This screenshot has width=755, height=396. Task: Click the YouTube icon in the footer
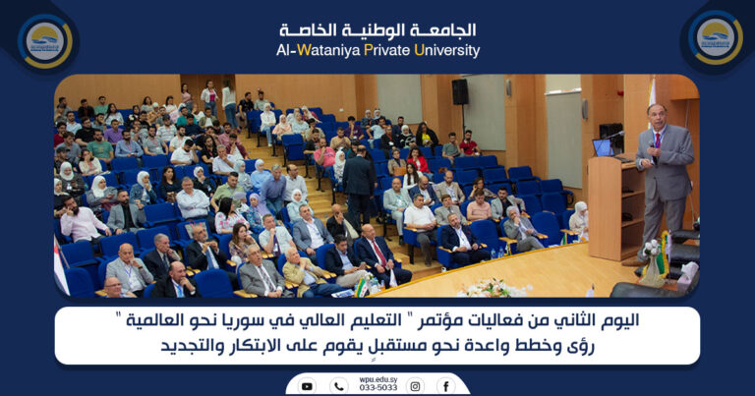(x=307, y=386)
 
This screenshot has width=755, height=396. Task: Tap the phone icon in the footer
(x=339, y=386)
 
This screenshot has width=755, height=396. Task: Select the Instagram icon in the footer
(x=415, y=386)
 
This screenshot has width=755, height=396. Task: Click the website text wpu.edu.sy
(x=377, y=378)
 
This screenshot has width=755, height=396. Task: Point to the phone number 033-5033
(x=377, y=388)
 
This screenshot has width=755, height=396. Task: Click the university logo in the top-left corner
(x=45, y=39)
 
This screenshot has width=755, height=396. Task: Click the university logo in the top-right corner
(x=715, y=38)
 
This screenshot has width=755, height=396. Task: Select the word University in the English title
(x=446, y=50)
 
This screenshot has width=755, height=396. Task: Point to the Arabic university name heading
(x=377, y=29)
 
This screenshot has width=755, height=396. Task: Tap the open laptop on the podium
(x=602, y=147)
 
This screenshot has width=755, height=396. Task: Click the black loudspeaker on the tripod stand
(x=460, y=91)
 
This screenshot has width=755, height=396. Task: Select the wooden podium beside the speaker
(x=612, y=206)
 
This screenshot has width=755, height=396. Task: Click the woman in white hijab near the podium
(x=580, y=222)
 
